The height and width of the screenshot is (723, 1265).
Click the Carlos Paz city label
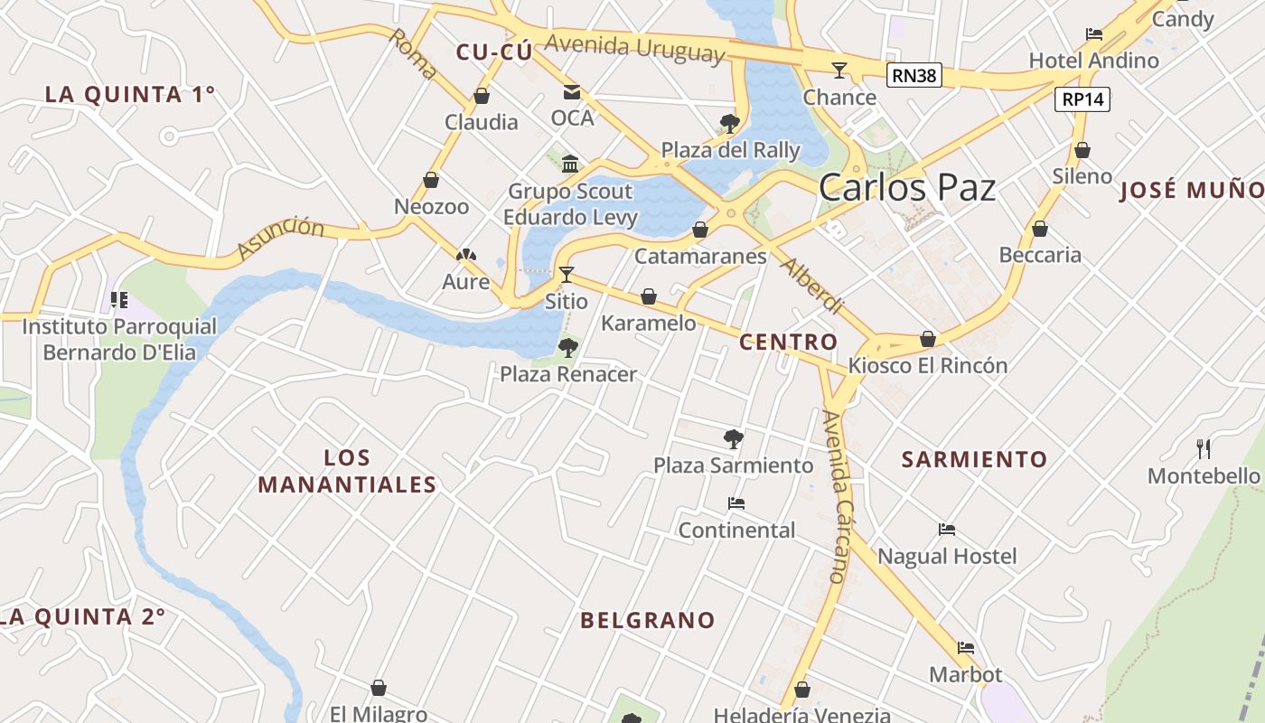tap(907, 187)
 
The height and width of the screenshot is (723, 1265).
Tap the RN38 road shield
tap(914, 75)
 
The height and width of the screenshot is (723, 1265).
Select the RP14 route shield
tap(1083, 99)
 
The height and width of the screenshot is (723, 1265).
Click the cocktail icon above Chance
tap(839, 70)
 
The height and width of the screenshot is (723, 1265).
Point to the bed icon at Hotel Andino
tap(1094, 34)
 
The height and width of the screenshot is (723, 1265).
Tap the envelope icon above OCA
tap(572, 91)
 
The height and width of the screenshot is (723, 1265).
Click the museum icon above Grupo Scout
tap(570, 164)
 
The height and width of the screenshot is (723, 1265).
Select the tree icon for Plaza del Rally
tap(730, 123)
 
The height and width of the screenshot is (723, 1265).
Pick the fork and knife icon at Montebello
tap(1204, 448)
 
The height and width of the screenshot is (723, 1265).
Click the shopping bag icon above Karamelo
tap(649, 296)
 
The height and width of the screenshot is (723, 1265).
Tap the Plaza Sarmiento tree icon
tap(734, 439)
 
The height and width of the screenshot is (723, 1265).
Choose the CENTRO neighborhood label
tap(788, 342)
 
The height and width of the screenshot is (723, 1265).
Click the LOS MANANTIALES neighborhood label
tap(348, 471)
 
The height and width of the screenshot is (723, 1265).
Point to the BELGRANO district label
tap(648, 620)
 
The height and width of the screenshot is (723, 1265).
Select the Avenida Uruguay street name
tap(634, 47)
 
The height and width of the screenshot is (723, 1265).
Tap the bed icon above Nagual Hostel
tap(947, 530)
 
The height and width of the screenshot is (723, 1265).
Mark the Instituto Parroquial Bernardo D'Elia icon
tap(118, 299)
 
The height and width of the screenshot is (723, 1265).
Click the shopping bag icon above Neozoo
tap(431, 180)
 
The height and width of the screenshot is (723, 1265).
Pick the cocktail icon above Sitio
tap(567, 274)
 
